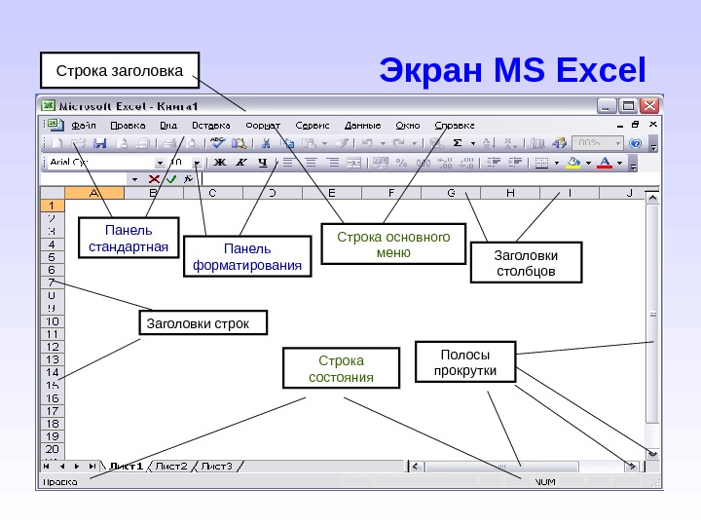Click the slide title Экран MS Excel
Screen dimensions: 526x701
click(x=512, y=71)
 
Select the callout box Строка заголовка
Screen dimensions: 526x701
click(x=120, y=71)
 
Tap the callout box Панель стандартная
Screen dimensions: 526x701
click(x=129, y=239)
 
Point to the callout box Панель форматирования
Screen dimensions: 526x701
click(x=248, y=256)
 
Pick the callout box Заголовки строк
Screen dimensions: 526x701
click(x=203, y=322)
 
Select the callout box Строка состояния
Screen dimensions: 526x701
click(x=341, y=368)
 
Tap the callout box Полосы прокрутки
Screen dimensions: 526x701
click(x=464, y=362)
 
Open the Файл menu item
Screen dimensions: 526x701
click(x=83, y=126)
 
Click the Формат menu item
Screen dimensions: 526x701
click(x=263, y=126)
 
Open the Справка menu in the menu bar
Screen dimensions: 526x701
click(x=455, y=126)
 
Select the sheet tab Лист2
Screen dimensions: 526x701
click(x=171, y=466)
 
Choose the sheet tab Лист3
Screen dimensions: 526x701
click(x=216, y=466)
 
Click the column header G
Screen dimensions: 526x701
click(x=451, y=193)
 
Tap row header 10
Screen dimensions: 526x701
click(x=53, y=320)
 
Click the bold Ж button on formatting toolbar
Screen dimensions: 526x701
click(x=219, y=163)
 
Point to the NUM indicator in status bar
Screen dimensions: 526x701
click(x=545, y=481)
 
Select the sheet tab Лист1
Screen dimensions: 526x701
click(x=126, y=466)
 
